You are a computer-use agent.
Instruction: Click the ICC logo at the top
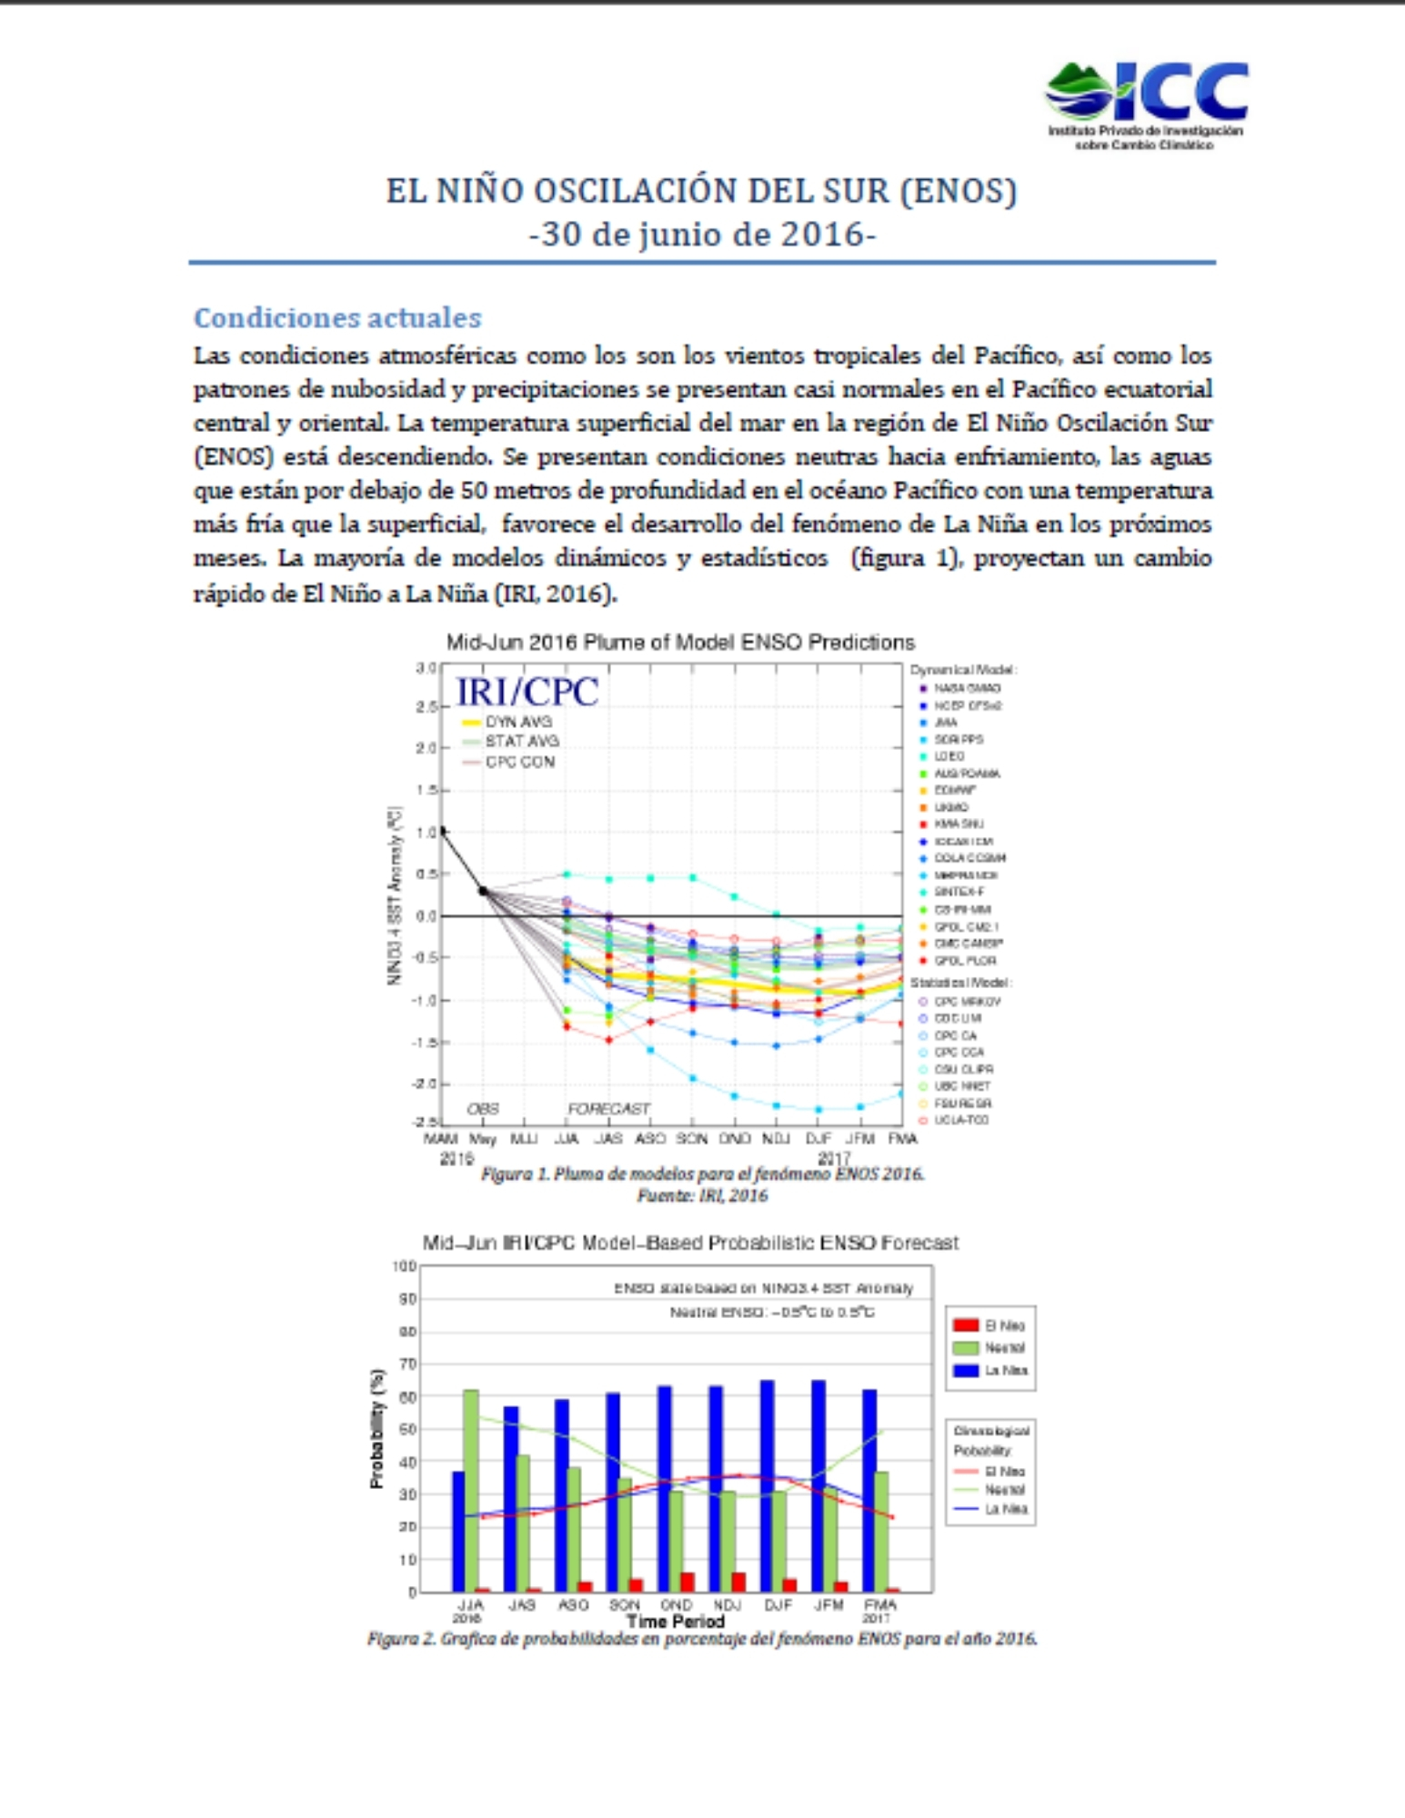[x=1146, y=103]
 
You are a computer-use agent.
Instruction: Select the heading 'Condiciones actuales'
[x=337, y=317]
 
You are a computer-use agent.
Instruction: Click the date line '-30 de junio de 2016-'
[x=702, y=235]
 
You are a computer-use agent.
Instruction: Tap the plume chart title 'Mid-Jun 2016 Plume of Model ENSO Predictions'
[x=679, y=643]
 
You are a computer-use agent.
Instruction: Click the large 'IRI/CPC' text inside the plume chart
[x=527, y=692]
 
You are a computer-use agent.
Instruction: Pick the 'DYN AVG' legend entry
[x=517, y=722]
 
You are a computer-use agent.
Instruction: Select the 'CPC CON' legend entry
[x=519, y=762]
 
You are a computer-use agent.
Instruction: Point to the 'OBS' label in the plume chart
[x=483, y=1109]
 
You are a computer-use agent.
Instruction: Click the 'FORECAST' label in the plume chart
[x=608, y=1109]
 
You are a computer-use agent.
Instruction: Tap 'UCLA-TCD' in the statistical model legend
[x=960, y=1120]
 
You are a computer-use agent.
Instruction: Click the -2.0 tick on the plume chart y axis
[x=426, y=1084]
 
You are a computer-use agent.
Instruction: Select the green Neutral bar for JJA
[x=471, y=1491]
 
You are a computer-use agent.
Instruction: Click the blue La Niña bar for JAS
[x=510, y=1500]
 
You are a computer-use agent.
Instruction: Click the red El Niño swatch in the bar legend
[x=966, y=1325]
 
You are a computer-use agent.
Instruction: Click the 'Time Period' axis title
[x=675, y=1621]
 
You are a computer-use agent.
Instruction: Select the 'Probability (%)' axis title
[x=377, y=1429]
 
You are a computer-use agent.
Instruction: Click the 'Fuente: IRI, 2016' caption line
[x=702, y=1195]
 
